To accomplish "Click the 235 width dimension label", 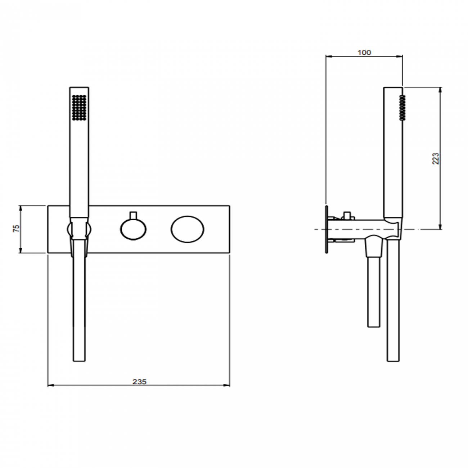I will pyautogui.click(x=139, y=382).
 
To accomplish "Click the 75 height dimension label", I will pyautogui.click(x=16, y=229).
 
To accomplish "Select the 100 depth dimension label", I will pyautogui.click(x=364, y=53).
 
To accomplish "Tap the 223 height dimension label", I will pyautogui.click(x=436, y=158).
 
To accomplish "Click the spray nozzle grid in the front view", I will pyautogui.click(x=79, y=107).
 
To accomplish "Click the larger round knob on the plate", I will pyautogui.click(x=187, y=229).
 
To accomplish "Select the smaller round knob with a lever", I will pyautogui.click(x=133, y=230).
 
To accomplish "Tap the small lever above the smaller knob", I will pyautogui.click(x=133, y=215).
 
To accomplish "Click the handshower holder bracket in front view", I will pyautogui.click(x=79, y=230).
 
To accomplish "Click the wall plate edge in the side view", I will pyautogui.click(x=327, y=229).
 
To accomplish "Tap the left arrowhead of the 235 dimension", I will pyautogui.click(x=50, y=386).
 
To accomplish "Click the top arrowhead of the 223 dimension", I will pyautogui.click(x=440, y=89).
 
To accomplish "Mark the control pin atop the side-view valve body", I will pyautogui.click(x=347, y=215).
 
